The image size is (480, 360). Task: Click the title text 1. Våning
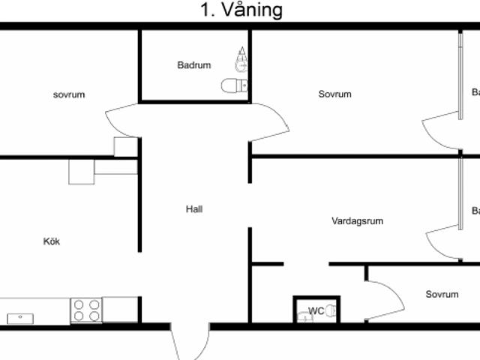click(x=240, y=10)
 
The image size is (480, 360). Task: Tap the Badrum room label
click(x=194, y=65)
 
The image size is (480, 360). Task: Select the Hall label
click(x=194, y=209)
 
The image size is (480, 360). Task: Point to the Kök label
click(x=52, y=241)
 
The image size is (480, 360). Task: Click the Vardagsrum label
click(x=358, y=221)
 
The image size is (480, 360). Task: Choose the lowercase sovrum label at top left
click(x=69, y=94)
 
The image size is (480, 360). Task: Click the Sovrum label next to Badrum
click(x=334, y=94)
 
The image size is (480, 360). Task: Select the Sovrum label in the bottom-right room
click(x=442, y=295)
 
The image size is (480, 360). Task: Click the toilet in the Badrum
click(x=234, y=85)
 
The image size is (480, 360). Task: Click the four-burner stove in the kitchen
click(x=86, y=310)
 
